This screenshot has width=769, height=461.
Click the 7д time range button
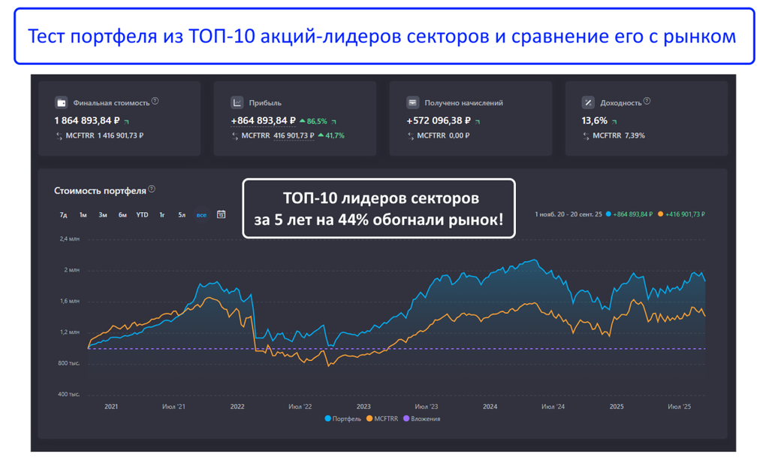[64, 215]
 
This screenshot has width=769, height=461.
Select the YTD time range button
[142, 215]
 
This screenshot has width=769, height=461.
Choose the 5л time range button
[182, 215]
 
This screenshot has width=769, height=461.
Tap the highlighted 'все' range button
[201, 215]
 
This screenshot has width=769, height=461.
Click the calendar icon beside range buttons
[222, 215]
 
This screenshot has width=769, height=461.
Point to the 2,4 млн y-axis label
[69, 239]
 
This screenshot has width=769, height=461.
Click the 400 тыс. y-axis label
[69, 394]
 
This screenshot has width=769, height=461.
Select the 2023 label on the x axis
[363, 407]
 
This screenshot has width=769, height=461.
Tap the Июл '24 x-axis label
[553, 407]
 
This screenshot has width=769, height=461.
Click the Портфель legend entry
[343, 419]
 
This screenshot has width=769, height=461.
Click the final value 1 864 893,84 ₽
[83, 120]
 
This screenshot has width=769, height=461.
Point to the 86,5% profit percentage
[316, 120]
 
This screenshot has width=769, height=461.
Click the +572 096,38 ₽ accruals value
[439, 120]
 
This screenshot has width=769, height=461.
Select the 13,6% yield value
[595, 120]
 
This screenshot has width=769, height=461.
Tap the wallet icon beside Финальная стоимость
[61, 102]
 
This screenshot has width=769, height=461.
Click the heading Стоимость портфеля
[100, 190]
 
